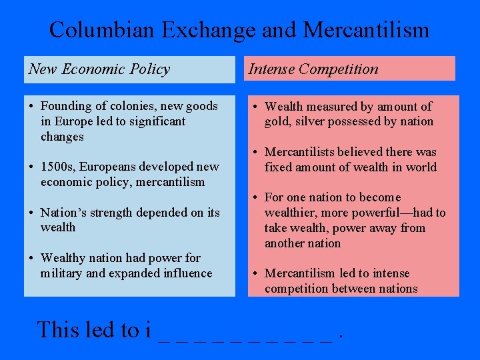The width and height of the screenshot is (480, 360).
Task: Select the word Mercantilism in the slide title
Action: pos(366,30)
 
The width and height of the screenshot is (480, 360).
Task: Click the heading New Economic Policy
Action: pos(99,69)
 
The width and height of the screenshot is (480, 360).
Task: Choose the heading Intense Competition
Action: pos(313,69)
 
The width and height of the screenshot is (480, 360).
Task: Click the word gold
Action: pos(277,121)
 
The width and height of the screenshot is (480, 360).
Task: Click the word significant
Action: pos(151,121)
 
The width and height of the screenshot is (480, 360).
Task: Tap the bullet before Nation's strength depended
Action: pos(31,213)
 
